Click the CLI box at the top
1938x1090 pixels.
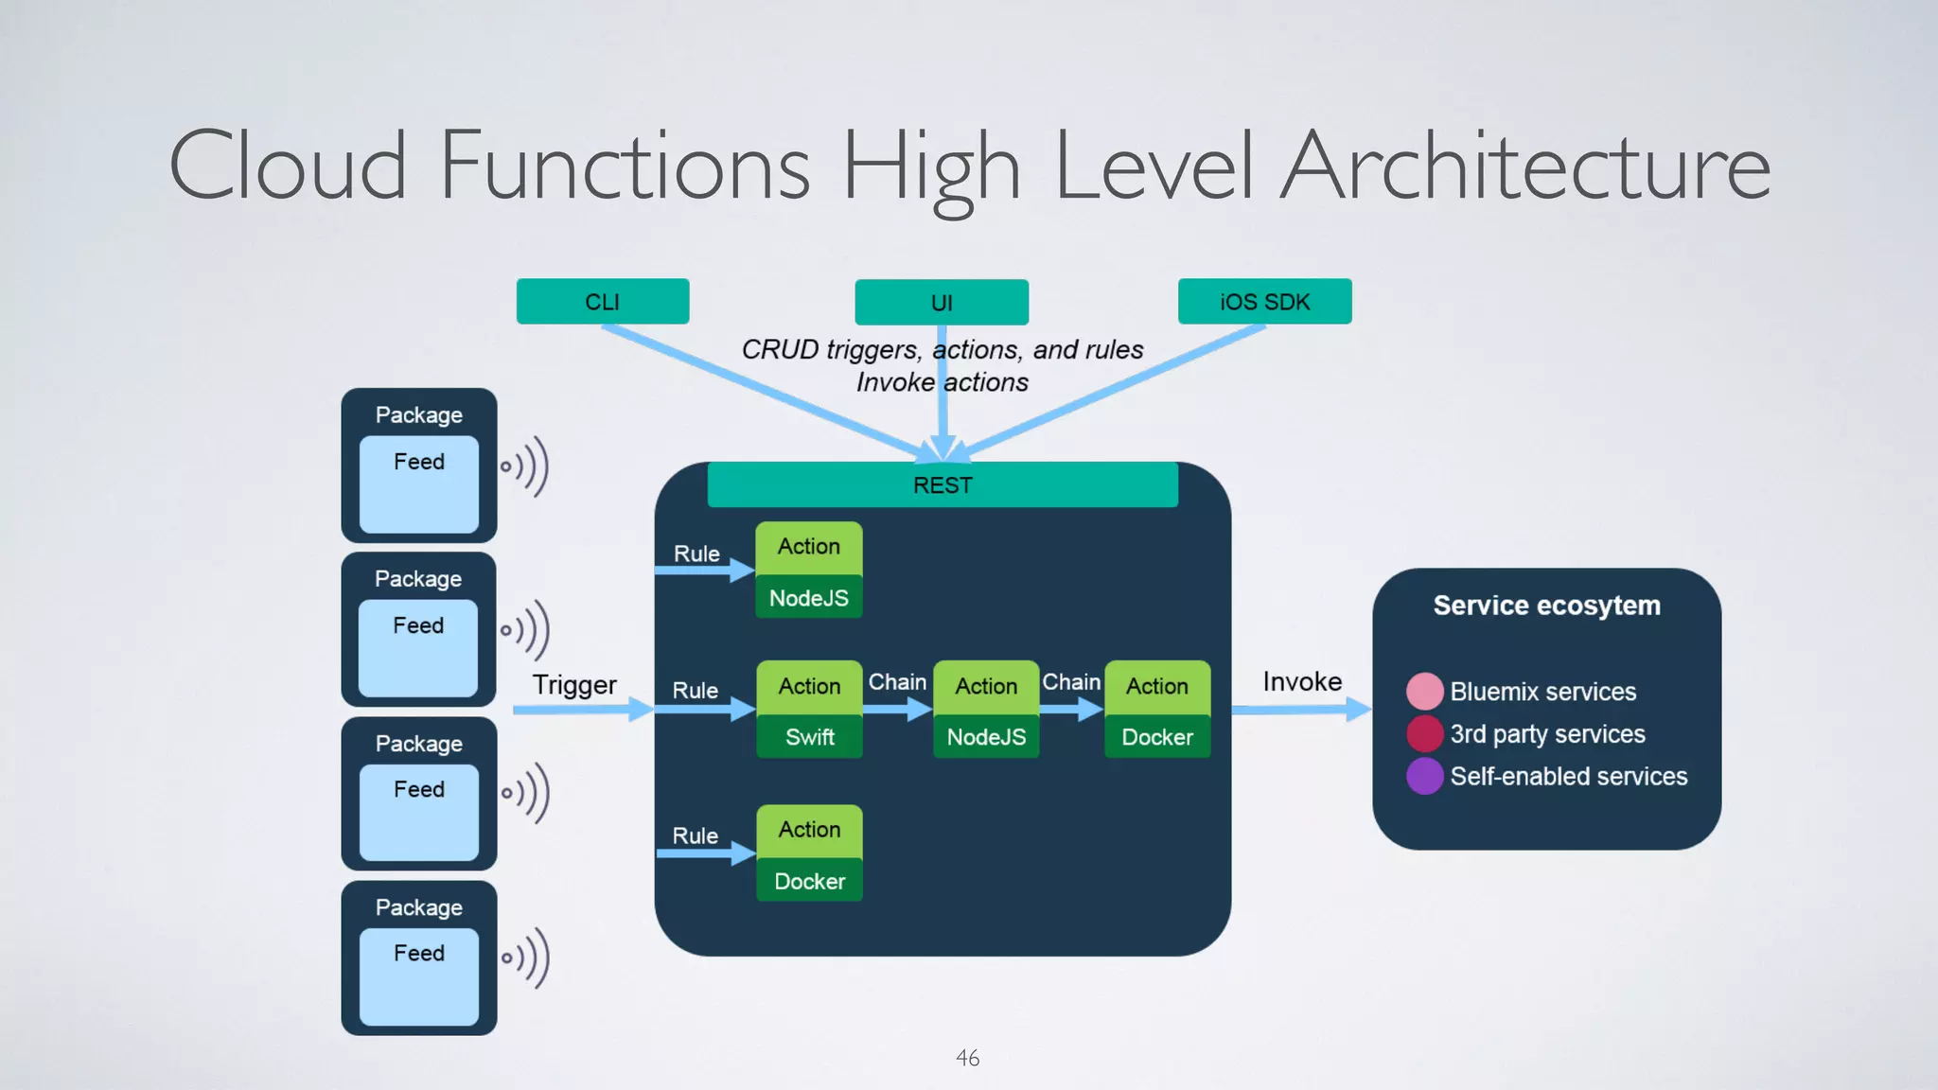tap(603, 302)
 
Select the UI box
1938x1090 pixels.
tap(942, 303)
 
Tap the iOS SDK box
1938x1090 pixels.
tap(1264, 302)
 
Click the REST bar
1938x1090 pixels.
tap(943, 485)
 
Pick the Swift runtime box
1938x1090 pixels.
tap(810, 737)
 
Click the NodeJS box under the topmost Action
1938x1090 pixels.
tap(809, 598)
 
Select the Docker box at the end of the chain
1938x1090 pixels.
tap(1157, 737)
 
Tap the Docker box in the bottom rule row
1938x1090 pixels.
tap(810, 881)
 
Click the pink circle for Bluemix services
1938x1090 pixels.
tap(1424, 692)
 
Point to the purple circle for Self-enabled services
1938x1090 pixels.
tap(1424, 776)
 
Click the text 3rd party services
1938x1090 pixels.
tap(1547, 734)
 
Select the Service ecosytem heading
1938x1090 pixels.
tap(1546, 606)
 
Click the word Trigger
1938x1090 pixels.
tap(574, 685)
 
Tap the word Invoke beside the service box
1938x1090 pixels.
tap(1302, 682)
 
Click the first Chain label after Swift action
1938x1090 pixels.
tap(897, 682)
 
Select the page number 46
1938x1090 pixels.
tap(967, 1058)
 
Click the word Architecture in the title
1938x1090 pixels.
tap(1525, 167)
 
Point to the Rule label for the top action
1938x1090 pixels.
tap(696, 554)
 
